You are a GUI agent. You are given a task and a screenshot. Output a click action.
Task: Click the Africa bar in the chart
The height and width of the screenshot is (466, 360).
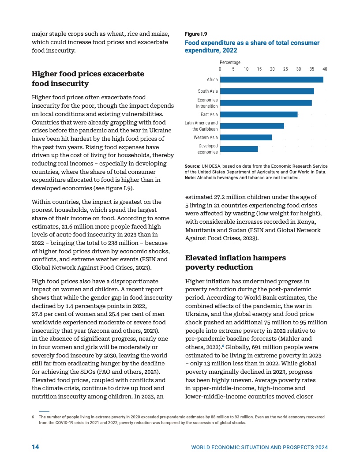271,79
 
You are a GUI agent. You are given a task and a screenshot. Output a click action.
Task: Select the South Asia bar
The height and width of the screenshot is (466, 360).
267,91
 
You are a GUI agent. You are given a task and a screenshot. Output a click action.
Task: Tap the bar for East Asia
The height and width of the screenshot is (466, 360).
259,114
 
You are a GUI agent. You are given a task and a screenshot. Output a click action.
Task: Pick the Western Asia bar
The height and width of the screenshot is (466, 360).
246,137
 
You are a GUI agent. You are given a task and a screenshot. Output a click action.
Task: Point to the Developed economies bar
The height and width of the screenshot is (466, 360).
239,149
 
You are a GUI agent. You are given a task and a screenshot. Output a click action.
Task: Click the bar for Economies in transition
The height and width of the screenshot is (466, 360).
266,103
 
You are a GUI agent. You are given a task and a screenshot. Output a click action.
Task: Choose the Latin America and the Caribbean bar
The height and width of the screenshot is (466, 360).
252,126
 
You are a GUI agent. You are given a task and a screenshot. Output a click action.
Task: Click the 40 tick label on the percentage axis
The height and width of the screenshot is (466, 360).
325,69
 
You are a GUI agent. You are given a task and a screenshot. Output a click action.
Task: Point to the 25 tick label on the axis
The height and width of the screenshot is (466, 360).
285,69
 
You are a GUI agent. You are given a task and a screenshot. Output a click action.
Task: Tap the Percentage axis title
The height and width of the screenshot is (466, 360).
230,63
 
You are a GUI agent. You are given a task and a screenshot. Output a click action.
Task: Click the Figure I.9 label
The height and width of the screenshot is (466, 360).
195,34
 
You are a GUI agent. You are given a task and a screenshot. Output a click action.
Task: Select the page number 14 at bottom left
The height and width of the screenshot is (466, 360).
35,447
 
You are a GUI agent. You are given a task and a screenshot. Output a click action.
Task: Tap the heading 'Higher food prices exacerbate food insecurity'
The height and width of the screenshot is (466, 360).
88,79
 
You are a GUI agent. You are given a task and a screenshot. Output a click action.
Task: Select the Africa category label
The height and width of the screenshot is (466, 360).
212,80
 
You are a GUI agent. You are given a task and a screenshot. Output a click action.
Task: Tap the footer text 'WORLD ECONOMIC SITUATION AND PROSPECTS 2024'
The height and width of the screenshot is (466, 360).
259,447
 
